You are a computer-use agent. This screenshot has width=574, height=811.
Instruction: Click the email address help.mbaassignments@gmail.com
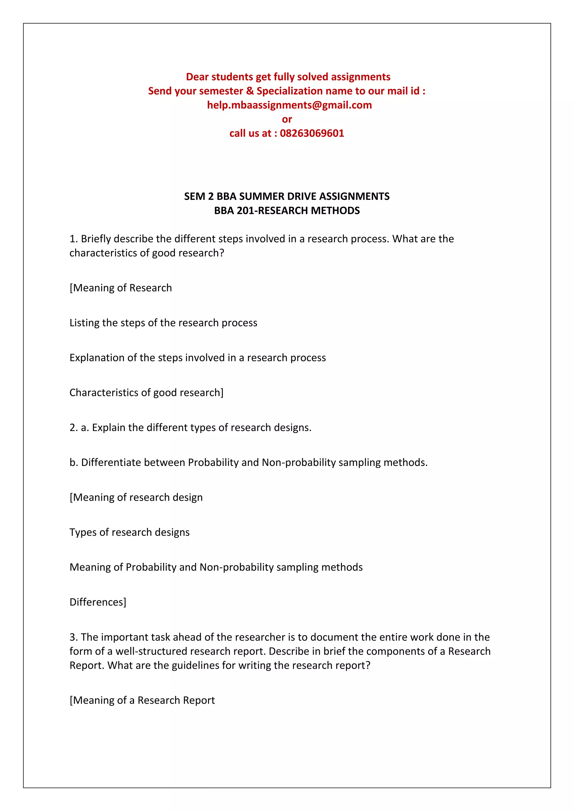pos(289,105)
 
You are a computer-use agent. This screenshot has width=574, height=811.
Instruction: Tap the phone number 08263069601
pos(312,134)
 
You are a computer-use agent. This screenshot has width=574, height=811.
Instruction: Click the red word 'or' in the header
pos(287,119)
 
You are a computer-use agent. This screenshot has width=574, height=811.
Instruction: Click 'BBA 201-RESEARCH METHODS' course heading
pos(287,211)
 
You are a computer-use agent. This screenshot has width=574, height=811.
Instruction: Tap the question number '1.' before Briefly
pos(73,239)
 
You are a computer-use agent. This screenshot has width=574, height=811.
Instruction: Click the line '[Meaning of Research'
pos(121,288)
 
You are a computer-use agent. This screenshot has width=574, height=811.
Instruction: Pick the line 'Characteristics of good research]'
pos(146,393)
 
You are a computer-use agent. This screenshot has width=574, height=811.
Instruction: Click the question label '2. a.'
pos(79,428)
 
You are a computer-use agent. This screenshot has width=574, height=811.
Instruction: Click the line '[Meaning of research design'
pos(136,497)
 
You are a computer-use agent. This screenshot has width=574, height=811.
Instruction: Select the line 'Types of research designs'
pos(129,532)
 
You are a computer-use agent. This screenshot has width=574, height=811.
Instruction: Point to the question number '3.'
pos(73,637)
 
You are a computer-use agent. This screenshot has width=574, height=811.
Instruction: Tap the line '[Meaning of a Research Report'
pos(142,700)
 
